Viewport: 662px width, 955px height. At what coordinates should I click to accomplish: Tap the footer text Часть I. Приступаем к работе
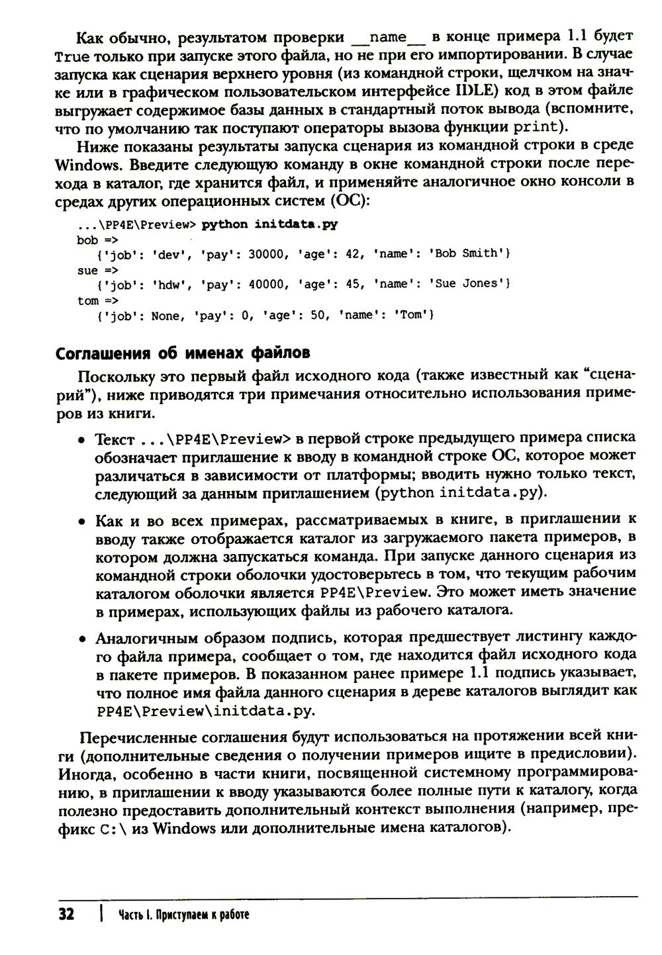tap(185, 915)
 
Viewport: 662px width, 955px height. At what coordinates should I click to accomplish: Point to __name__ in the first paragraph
tap(391, 35)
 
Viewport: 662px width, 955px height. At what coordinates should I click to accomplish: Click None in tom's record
tap(165, 316)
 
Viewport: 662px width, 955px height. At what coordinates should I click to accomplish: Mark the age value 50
tap(319, 316)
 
